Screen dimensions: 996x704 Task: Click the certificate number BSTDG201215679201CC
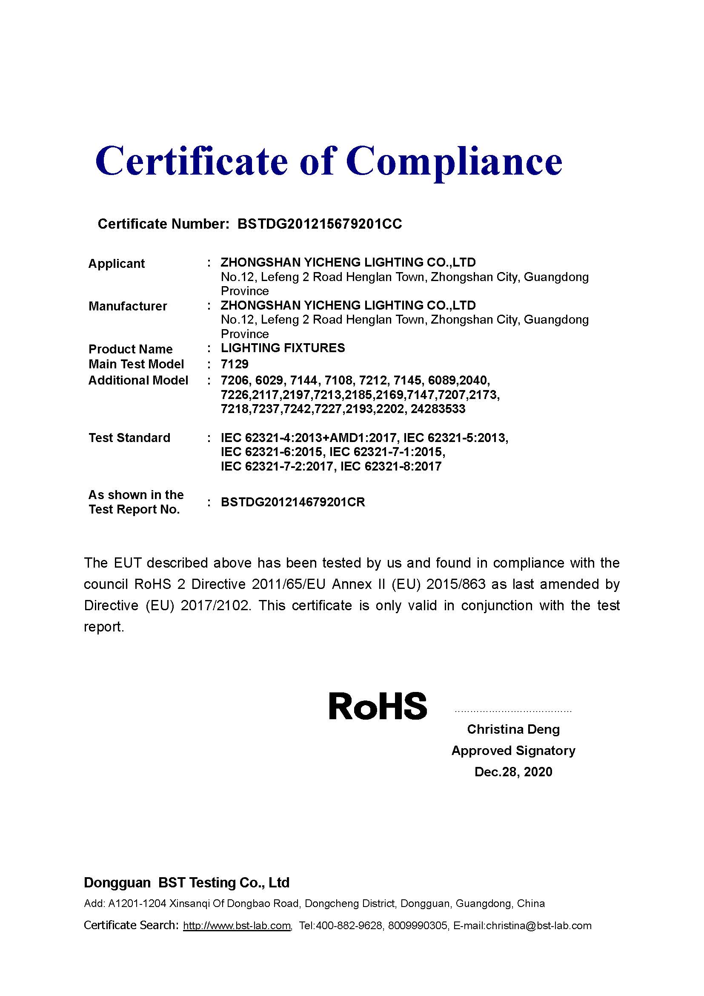(320, 224)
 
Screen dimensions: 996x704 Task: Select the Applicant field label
(116, 264)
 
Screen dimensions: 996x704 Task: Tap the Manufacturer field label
(127, 306)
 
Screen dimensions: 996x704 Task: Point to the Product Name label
(130, 349)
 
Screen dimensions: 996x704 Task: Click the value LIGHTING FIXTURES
(283, 348)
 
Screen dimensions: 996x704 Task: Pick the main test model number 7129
(235, 364)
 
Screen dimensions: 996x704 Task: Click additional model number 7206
(235, 380)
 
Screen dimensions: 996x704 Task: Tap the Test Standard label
(129, 438)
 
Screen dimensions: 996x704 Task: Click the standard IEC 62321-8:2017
(391, 466)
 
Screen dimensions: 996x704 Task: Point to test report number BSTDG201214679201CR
(292, 502)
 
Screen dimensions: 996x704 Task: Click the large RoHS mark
(378, 706)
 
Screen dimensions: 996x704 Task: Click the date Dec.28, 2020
(513, 772)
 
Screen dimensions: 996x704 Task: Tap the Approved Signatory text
(513, 751)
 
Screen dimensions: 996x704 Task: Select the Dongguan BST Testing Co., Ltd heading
(186, 883)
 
